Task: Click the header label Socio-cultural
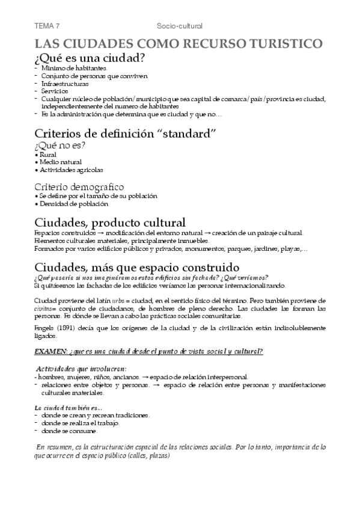(179, 26)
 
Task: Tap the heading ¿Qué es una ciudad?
(90, 58)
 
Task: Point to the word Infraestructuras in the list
(64, 84)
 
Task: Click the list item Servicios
(55, 91)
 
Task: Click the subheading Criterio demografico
(79, 186)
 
